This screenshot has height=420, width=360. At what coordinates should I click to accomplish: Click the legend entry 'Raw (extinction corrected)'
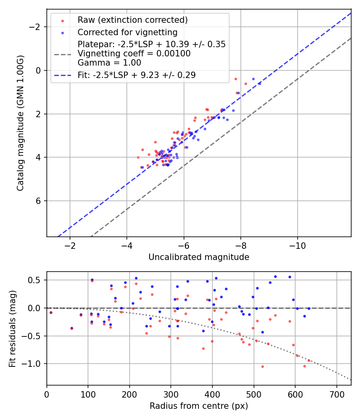coord(132,20)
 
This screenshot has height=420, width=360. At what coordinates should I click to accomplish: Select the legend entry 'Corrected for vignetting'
coord(127,32)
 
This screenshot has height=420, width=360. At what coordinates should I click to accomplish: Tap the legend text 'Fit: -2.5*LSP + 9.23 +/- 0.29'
coord(136,75)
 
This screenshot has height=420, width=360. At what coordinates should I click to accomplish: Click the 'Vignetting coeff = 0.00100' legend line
coord(134,54)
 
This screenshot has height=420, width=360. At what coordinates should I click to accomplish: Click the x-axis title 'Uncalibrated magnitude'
coord(199,257)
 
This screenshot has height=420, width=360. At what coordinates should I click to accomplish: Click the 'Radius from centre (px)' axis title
coord(199,406)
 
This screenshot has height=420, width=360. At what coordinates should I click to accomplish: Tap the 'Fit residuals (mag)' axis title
coord(12,328)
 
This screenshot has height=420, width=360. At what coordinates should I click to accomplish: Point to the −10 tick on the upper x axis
coord(298,245)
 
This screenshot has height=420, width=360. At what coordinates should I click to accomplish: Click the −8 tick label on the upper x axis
coord(241,245)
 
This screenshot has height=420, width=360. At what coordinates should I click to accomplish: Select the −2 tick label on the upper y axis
coord(36,27)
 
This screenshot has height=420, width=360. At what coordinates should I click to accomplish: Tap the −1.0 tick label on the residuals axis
coord(34,364)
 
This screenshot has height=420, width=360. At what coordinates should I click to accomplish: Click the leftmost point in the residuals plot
coord(51,312)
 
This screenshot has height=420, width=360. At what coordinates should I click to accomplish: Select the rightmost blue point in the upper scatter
coord(260,84)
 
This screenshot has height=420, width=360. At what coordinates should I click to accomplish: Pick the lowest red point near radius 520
coord(262,366)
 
